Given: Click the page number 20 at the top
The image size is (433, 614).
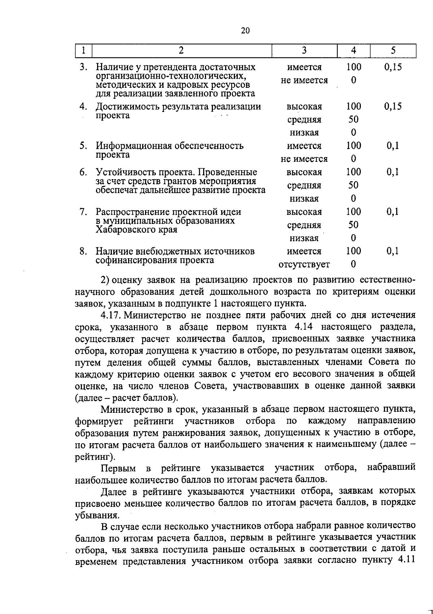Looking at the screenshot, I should click(x=245, y=31).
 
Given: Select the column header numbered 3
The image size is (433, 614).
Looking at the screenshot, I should click(x=304, y=51).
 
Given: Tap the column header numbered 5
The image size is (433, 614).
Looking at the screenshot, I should click(x=393, y=51).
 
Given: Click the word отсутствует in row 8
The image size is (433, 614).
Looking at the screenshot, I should click(x=304, y=265).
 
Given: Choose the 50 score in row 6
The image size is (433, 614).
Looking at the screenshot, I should click(x=353, y=185).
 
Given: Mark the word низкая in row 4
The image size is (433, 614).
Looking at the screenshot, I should click(x=304, y=133).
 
